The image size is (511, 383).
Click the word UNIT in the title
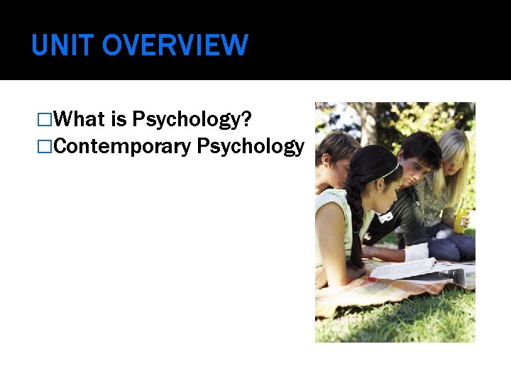coord(62,46)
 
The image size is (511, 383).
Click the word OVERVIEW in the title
coord(175,46)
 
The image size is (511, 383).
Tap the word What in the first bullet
coord(79,119)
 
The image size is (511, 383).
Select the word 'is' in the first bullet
coord(119,119)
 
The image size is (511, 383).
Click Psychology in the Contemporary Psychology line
coord(251,148)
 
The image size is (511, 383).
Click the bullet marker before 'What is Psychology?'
coord(46,120)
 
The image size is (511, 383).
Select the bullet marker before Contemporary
coord(46,148)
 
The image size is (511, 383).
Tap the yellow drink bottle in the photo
coord(460,216)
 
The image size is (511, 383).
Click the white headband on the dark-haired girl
coord(389,172)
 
